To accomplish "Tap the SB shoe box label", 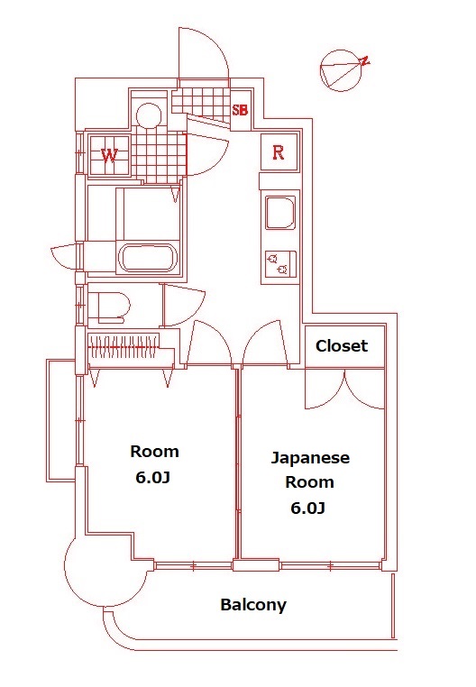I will tap(241, 111).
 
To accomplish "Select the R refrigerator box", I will tap(279, 152).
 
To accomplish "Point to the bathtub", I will tap(150, 258).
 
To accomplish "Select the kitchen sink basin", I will tap(278, 214).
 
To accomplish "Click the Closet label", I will tap(342, 346).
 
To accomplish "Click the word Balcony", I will tap(253, 605).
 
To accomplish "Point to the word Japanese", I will tap(311, 458).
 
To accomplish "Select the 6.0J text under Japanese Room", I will tap(307, 508).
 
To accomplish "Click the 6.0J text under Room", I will tap(154, 478).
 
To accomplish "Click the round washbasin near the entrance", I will tap(149, 114).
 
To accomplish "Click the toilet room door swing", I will tap(184, 304).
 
